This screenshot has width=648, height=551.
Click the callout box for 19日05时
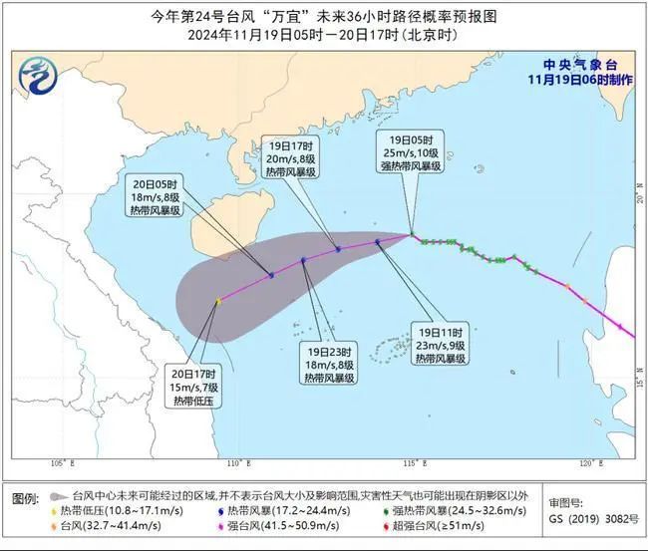point(413,151)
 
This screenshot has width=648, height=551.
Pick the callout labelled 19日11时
point(440,344)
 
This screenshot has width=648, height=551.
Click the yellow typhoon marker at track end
point(217,301)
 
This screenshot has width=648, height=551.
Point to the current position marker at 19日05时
point(413,235)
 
